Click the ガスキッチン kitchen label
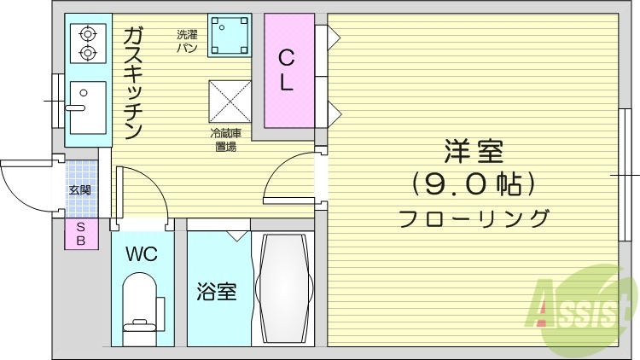coord(132,83)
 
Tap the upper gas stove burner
coord(86,35)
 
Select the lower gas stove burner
coord(86,54)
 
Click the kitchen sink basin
coord(86,107)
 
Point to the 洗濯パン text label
coord(188,41)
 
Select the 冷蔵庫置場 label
coord(225,140)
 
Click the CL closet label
coord(288,71)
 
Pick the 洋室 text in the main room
coord(474,151)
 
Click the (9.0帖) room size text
coord(474,183)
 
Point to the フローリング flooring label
coord(474,218)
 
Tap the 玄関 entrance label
coord(80,189)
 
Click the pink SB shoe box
coord(81,234)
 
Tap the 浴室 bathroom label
coord(216,291)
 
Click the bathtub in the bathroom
coord(285,288)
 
